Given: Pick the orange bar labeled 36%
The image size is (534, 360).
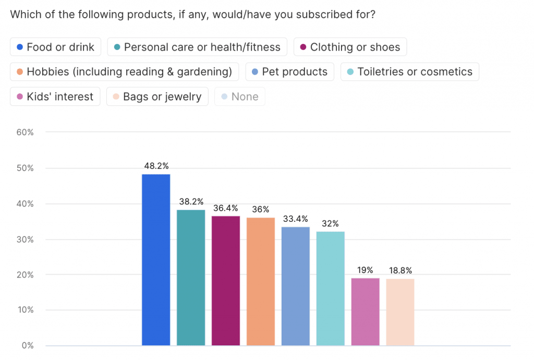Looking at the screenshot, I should tap(261, 281).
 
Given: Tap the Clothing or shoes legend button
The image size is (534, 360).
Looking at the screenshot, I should tap(350, 47).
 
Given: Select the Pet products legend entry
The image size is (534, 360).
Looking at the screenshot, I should tap(289, 71).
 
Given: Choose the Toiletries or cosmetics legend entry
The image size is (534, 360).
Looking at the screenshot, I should tap(409, 71).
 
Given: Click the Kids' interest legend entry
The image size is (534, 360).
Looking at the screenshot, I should tap(55, 97).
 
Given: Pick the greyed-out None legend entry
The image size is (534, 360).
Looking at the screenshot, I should tap(239, 97).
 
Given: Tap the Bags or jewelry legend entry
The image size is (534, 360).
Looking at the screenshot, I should tap(157, 97).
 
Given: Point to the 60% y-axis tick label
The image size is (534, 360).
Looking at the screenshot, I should tap(25, 133).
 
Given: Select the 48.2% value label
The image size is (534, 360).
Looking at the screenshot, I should tap(156, 166).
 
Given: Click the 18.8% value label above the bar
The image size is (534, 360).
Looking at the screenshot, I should tap(400, 271).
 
